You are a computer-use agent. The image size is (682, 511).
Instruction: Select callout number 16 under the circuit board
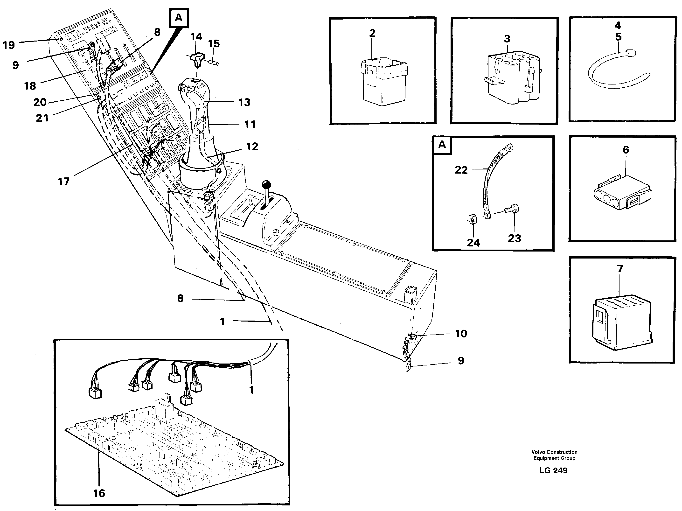(x=99, y=493)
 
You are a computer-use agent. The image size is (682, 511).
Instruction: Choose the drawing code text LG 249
(x=553, y=470)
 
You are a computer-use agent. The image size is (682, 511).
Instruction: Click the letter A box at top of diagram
(x=179, y=18)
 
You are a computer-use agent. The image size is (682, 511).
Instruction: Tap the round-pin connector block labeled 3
(x=512, y=79)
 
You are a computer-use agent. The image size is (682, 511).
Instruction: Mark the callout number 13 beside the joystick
(x=244, y=102)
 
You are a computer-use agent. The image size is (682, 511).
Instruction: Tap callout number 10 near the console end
(x=461, y=333)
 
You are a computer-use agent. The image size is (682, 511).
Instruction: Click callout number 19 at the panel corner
(x=9, y=45)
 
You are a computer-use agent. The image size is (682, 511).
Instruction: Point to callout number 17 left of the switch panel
(x=64, y=181)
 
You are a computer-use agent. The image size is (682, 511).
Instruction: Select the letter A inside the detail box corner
(x=442, y=145)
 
